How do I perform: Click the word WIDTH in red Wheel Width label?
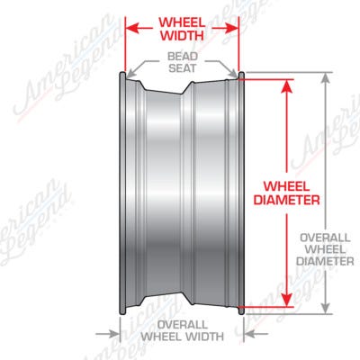[182, 36]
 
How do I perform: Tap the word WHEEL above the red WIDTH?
[182, 22]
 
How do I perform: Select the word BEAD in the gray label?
[183, 56]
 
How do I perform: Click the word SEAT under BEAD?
[182, 68]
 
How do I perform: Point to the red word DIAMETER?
[286, 200]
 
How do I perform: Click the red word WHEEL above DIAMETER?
[286, 186]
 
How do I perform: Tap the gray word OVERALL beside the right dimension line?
[325, 238]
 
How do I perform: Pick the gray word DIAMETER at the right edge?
[325, 261]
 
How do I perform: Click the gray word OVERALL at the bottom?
[183, 325]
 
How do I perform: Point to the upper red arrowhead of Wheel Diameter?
[287, 87]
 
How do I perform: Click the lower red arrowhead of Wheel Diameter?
[287, 299]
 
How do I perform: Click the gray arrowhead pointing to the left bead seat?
[130, 75]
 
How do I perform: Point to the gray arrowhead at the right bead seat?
[233, 74]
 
